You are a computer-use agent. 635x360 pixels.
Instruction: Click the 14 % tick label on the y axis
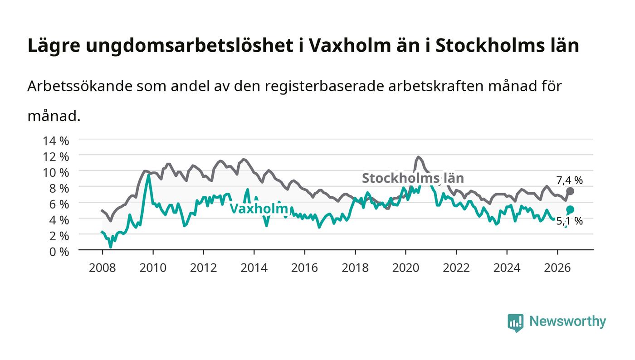56,141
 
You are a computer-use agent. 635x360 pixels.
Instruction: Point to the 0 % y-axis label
59,252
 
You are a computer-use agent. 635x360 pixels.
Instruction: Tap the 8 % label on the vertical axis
59,189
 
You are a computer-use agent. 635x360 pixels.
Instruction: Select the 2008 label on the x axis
103,268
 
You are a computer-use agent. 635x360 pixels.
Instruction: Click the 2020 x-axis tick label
405,268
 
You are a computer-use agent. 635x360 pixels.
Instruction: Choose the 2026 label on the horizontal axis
557,268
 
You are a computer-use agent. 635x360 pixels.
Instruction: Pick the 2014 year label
254,268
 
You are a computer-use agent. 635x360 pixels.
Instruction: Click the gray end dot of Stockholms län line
570,191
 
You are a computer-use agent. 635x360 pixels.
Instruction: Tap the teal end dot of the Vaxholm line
570,209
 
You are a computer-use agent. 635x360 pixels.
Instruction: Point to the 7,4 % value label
570,180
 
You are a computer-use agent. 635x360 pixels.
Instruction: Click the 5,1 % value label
570,221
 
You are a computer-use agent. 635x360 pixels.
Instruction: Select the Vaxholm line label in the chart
259,209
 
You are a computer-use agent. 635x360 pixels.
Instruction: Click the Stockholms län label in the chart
413,178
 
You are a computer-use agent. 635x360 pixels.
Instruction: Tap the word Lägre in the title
54,46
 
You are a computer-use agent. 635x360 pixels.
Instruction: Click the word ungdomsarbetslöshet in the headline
190,45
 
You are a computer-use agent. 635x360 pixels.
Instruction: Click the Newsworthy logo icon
516,323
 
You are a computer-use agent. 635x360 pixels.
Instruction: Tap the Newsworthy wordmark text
568,321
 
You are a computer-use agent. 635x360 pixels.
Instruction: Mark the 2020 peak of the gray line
418,157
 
